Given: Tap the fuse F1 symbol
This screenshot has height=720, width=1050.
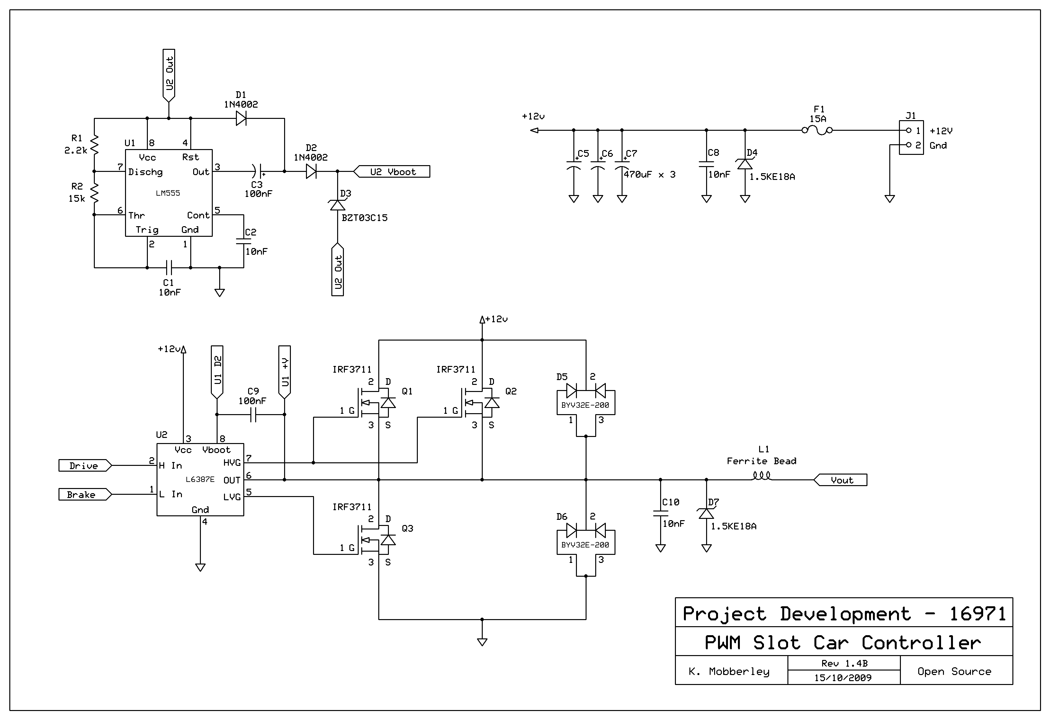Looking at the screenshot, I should pyautogui.click(x=817, y=130).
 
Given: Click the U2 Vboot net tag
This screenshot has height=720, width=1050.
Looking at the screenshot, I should pyautogui.click(x=392, y=172).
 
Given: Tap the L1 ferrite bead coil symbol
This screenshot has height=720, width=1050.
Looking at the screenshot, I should pyautogui.click(x=762, y=475).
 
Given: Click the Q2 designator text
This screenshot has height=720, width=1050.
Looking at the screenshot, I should pyautogui.click(x=511, y=391).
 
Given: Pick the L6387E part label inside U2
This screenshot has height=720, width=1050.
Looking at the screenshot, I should pyautogui.click(x=200, y=479).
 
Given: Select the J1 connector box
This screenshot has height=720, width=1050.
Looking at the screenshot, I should pyautogui.click(x=911, y=138).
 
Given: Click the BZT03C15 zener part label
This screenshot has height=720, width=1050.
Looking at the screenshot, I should pyautogui.click(x=364, y=218).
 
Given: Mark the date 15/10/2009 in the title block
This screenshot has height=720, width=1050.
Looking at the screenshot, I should pyautogui.click(x=843, y=678).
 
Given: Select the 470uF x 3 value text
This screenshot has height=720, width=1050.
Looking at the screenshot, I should pyautogui.click(x=650, y=175).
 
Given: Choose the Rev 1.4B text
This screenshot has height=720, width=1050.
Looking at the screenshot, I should pyautogui.click(x=844, y=663).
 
